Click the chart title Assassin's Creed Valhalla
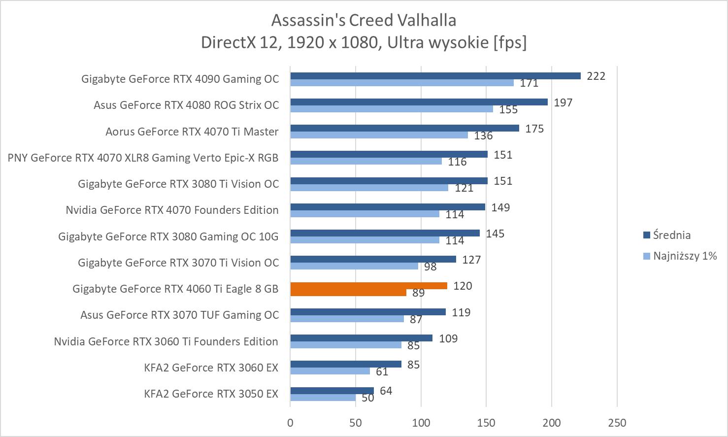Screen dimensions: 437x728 364,20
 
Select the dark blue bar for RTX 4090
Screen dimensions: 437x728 435,76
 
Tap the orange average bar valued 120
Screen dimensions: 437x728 368,286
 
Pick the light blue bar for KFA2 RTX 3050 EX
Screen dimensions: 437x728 323,398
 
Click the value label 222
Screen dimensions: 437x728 596,76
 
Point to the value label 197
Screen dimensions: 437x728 563,102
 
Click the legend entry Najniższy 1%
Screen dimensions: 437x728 684,256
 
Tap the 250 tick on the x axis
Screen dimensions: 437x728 617,423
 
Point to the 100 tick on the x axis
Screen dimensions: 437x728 421,423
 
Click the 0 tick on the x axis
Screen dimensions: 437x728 290,423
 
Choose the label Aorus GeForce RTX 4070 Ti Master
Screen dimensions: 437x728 192,132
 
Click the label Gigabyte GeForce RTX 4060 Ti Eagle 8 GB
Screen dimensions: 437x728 175,289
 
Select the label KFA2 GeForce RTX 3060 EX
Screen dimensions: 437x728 211,368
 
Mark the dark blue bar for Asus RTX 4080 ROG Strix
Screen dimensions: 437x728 419,102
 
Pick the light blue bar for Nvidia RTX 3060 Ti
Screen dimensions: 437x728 346,345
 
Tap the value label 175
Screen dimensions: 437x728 534,129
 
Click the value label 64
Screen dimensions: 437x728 386,391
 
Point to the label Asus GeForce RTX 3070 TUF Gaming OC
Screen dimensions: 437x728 180,315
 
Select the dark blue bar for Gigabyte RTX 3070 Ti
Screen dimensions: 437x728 373,259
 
